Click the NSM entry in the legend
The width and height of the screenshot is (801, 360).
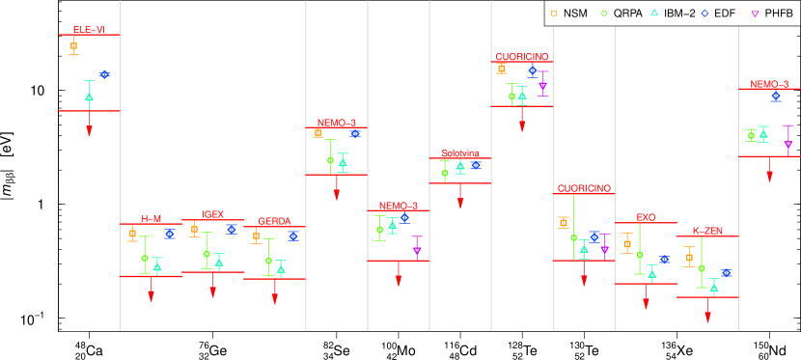[569, 14]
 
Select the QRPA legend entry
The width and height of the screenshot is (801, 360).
[621, 14]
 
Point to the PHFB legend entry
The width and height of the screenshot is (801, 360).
[772, 14]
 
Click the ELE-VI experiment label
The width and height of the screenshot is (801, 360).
[89, 30]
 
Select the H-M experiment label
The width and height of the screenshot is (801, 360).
[152, 219]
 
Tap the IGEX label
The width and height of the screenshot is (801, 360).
[213, 214]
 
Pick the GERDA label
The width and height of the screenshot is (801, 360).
[274, 221]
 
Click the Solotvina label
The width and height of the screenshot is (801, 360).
[460, 153]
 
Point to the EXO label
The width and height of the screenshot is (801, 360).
[646, 217]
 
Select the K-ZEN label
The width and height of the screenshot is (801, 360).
[707, 231]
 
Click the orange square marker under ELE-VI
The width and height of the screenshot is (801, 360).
[73, 45]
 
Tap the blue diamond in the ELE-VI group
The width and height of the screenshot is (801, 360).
[104, 74]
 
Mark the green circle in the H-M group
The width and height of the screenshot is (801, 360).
[145, 258]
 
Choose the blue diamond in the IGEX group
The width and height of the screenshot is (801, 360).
[232, 230]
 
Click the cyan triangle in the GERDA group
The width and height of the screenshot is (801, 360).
[281, 268]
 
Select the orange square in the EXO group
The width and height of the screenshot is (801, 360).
[627, 244]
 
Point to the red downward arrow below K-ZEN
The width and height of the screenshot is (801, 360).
[707, 316]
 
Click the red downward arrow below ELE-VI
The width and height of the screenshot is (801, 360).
[89, 129]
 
